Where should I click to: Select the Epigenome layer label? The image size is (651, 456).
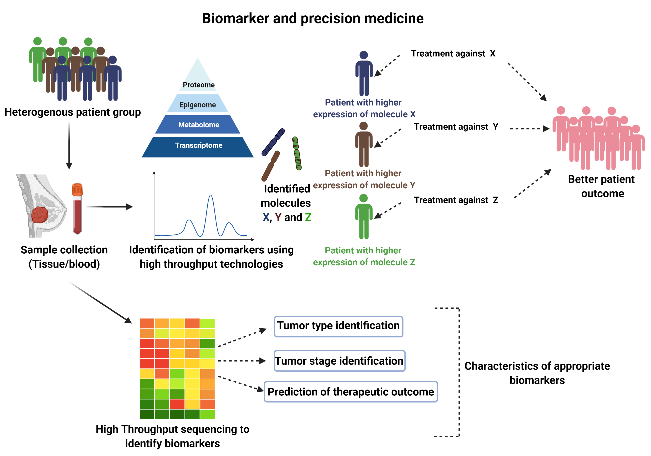tap(198, 105)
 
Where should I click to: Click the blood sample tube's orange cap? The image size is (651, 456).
tap(77, 189)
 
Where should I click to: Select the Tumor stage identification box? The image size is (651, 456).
tap(339, 361)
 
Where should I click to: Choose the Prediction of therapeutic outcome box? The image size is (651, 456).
tap(351, 392)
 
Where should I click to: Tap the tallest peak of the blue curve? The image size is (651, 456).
tap(210, 196)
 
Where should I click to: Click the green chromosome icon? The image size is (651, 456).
tap(297, 153)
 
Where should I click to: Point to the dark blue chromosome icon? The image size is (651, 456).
tap(273, 142)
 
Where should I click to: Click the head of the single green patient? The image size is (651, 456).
tap(363, 198)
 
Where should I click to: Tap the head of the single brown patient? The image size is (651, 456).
tap(363, 126)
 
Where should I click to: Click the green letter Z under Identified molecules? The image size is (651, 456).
tap(308, 217)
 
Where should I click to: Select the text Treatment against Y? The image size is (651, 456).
tap(456, 127)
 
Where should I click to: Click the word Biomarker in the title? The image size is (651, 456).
tap(235, 18)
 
